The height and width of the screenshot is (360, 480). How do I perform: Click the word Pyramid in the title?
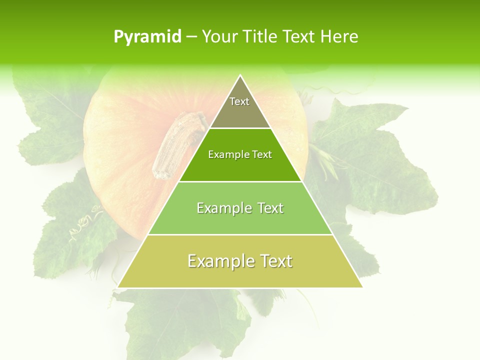[x=147, y=37]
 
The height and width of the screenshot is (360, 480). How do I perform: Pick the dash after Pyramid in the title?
[x=191, y=37]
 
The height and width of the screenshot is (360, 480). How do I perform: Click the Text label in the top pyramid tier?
[x=239, y=101]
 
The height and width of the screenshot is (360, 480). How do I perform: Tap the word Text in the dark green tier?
[x=262, y=154]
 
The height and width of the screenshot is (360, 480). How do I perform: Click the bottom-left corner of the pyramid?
[x=118, y=287]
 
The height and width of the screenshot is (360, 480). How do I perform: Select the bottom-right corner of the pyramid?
[x=362, y=287]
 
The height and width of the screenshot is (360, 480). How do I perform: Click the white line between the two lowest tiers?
[x=240, y=234]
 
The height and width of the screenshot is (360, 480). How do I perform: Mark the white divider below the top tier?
[x=240, y=128]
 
